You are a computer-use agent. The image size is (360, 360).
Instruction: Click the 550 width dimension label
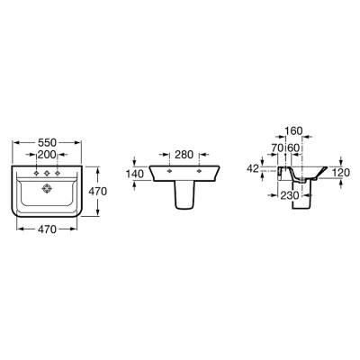[x=47, y=142]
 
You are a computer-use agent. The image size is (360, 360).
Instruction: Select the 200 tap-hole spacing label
[x=47, y=155]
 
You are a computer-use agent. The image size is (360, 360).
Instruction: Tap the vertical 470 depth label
[x=97, y=191]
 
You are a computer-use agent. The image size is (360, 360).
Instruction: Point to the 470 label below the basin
[x=47, y=229]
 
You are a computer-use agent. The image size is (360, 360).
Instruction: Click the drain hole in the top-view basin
[x=47, y=189]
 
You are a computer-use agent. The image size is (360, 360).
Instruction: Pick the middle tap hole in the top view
[x=47, y=173]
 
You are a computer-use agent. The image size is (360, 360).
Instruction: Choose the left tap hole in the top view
[x=36, y=173]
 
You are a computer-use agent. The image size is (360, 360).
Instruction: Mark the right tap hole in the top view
[x=58, y=173]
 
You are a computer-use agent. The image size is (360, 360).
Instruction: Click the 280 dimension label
[x=184, y=155]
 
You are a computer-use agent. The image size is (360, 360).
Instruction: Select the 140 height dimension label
[x=135, y=174]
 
